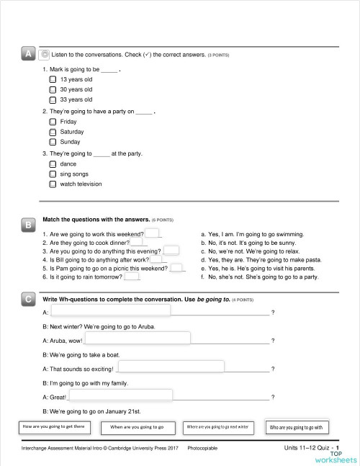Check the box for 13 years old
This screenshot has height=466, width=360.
point(53,79)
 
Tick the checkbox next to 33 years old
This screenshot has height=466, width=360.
point(53,99)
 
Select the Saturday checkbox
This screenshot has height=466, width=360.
point(53,133)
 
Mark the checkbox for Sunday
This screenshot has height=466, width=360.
point(53,143)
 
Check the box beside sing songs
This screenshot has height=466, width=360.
point(53,174)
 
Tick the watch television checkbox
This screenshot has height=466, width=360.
point(53,184)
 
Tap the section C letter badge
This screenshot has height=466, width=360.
point(27,299)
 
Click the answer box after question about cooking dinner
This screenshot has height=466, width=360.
point(138,243)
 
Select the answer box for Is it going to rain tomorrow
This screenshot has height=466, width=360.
point(132,276)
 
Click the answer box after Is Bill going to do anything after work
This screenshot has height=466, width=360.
point(158,259)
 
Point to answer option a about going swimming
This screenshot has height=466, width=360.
point(252,234)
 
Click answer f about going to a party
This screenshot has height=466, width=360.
point(254,276)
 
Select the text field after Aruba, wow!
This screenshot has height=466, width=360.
point(138,339)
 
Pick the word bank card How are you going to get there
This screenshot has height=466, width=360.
point(55,426)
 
